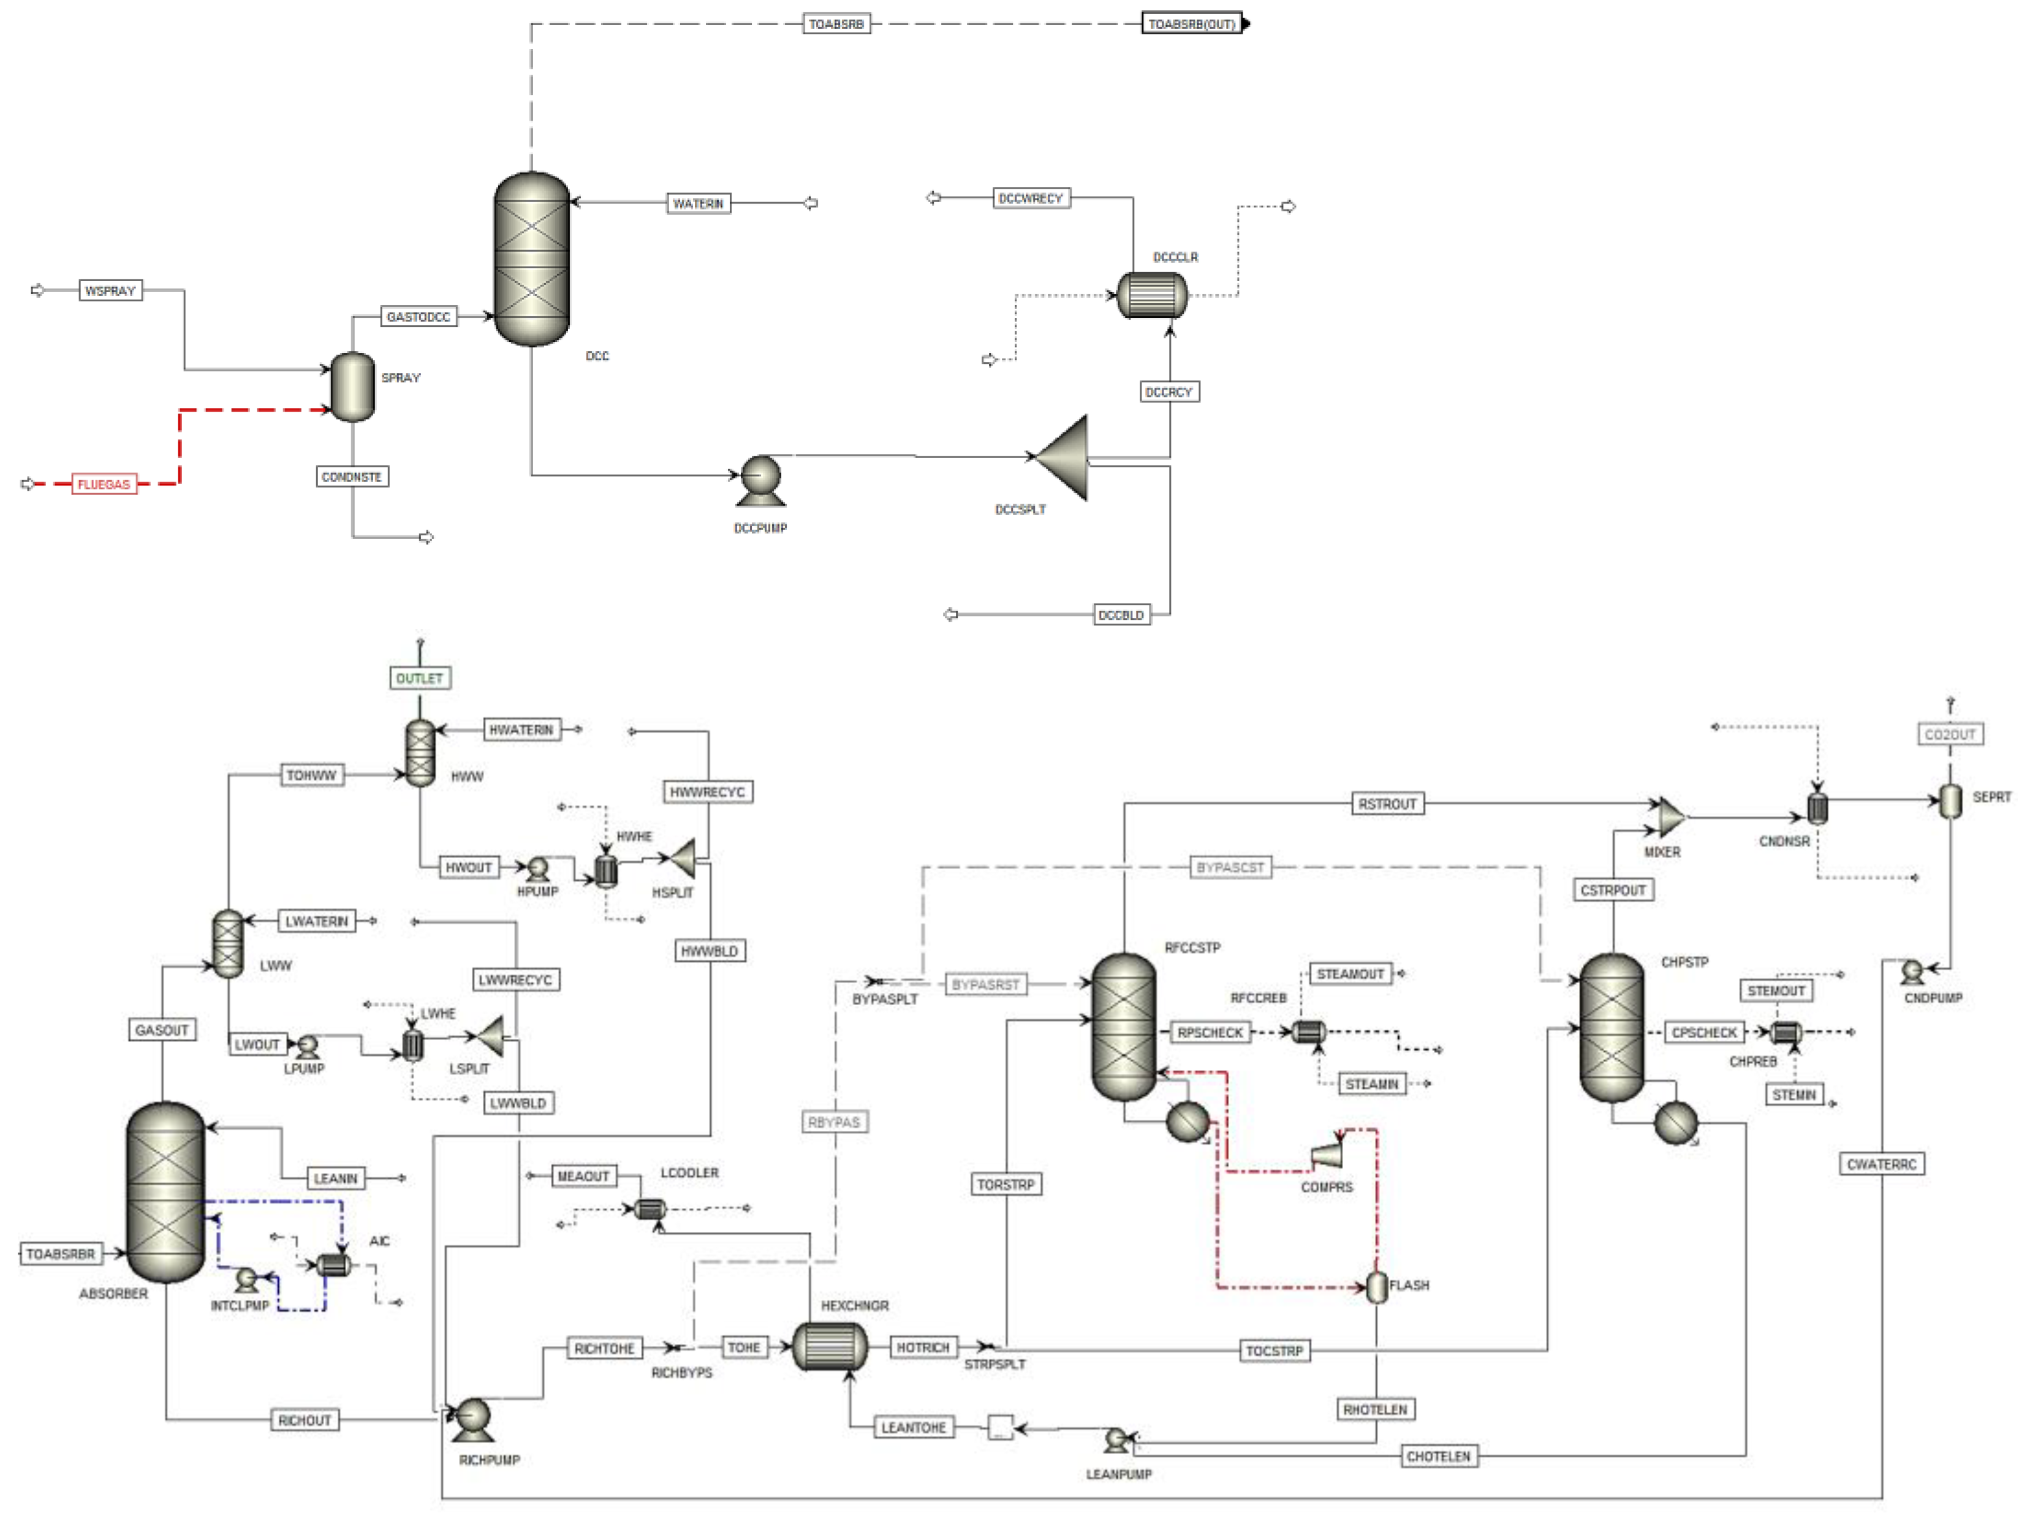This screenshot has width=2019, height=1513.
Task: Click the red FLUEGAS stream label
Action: click(104, 484)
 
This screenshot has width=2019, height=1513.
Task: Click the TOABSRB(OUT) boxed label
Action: click(1192, 24)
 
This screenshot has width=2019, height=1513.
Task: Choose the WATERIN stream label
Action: click(699, 203)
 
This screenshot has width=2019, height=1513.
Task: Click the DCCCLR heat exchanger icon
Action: click(1152, 295)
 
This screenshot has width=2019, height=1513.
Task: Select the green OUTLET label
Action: click(420, 678)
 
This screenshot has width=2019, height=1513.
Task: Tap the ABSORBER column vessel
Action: click(165, 1192)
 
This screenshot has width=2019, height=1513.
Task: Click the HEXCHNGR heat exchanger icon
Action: click(830, 1346)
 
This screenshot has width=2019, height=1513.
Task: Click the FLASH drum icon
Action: click(1376, 1287)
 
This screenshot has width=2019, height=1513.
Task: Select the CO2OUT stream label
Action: click(1950, 734)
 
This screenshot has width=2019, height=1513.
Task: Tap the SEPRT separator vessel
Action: click(1950, 801)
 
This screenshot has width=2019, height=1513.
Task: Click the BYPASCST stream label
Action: click(1230, 867)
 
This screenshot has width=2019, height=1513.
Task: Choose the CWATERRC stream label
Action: click(1881, 1163)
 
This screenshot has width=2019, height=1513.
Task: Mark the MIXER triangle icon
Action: click(1669, 817)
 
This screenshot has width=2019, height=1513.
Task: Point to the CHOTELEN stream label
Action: click(1439, 1455)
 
